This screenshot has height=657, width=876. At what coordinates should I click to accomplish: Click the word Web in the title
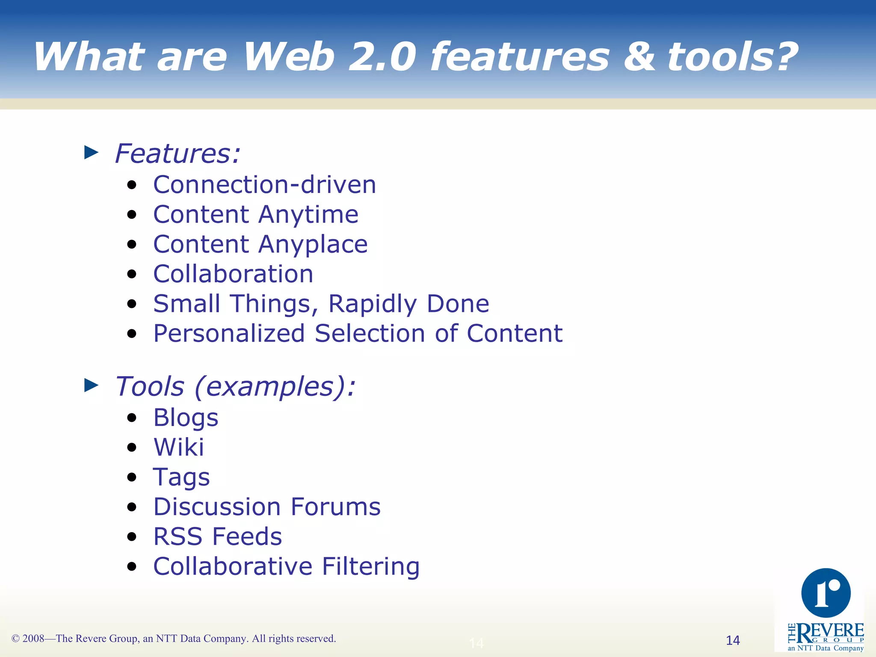(289, 57)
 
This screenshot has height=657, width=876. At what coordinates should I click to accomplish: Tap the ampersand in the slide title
(639, 57)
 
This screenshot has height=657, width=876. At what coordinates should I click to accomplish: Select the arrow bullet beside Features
(91, 152)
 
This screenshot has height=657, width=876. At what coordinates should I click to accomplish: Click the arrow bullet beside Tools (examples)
(91, 385)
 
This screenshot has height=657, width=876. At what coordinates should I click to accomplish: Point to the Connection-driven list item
(264, 185)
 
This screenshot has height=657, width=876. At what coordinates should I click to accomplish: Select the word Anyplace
(313, 245)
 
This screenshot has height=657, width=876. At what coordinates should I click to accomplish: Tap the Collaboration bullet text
(233, 274)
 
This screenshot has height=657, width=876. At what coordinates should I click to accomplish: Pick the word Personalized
(229, 333)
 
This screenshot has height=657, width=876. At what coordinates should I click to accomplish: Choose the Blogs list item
(186, 418)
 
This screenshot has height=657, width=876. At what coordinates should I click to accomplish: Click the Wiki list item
(178, 447)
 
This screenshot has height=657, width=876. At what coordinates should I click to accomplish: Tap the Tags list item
(181, 477)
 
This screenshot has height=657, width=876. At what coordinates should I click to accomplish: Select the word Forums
(335, 507)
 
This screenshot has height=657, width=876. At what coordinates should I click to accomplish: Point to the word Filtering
(370, 566)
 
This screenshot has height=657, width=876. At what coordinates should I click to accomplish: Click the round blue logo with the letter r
(826, 593)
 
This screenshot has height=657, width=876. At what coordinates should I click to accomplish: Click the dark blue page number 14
(733, 640)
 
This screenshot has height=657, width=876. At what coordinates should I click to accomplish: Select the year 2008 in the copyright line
(33, 639)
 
